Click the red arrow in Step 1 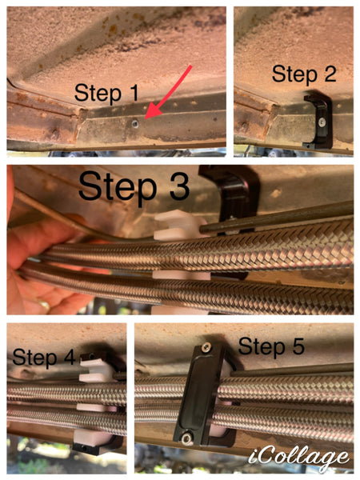[168, 92]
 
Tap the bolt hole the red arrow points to [134, 124]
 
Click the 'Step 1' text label [106, 93]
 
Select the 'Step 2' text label [304, 74]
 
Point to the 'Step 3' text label [134, 186]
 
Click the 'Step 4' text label [44, 357]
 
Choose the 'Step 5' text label [271, 346]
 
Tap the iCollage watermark [298, 458]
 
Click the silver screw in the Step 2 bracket [322, 122]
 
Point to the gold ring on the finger [44, 305]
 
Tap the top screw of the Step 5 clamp [206, 347]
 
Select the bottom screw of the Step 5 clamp [186, 439]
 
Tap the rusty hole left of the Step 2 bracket [244, 126]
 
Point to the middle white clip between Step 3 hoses [182, 275]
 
